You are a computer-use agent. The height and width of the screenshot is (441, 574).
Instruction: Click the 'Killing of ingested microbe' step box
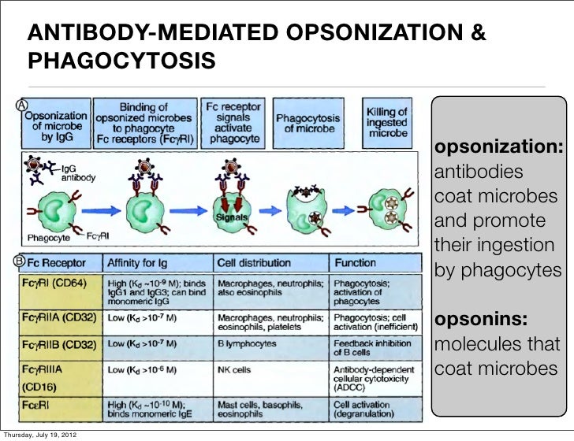pos(386,124)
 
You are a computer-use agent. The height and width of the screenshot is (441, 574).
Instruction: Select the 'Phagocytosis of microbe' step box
pos(310,124)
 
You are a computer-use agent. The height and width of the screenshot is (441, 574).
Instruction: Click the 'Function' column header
pos(355,262)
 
